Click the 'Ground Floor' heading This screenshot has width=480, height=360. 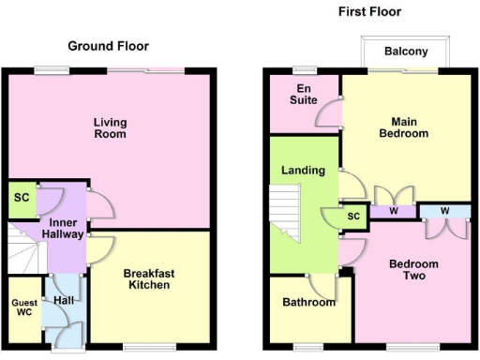pos(108,46)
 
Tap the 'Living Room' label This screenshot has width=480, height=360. pos(110,127)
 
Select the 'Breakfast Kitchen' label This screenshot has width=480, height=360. pos(148,278)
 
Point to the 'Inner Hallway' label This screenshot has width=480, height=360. pos(65,228)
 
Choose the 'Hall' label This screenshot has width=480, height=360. pos(63,301)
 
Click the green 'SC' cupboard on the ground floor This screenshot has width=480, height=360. pos(21,200)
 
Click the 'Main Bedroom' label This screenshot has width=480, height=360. pos(404,127)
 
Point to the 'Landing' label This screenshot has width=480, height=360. pos(303,171)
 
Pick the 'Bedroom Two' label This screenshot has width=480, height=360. pos(414,270)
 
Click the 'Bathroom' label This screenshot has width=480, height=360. pos(309,302)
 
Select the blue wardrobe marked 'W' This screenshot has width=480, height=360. pos(444,211)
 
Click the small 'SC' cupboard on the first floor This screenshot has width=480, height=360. pos(353,217)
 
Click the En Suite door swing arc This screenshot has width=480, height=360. pos(328,114)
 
